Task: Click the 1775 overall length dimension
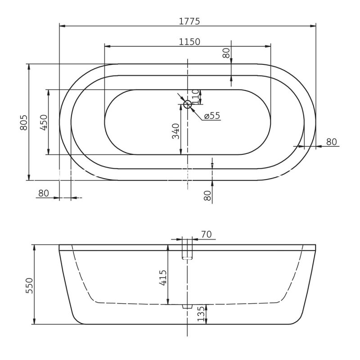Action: click(189, 21)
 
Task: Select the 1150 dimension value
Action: click(189, 42)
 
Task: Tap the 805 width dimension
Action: click(24, 122)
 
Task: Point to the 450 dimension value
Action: click(44, 122)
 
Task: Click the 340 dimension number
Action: click(175, 131)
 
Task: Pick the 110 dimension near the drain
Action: click(195, 96)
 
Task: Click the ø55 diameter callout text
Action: click(212, 116)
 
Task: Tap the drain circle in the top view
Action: click(188, 104)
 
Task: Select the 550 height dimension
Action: click(29, 285)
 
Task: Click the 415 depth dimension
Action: click(163, 277)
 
